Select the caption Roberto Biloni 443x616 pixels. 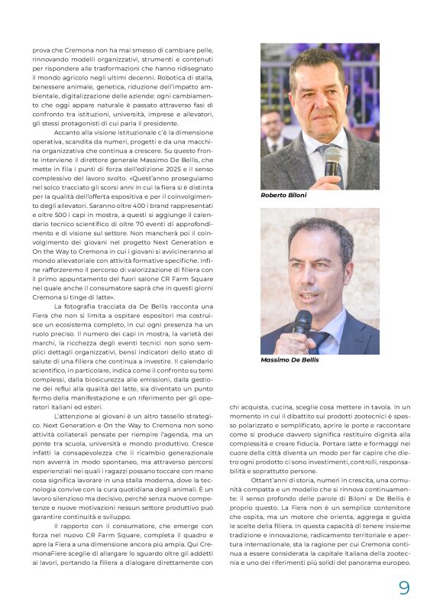(283, 196)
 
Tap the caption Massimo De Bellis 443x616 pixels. (289, 359)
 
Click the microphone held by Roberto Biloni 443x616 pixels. (331, 161)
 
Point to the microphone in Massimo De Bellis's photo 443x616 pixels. (303, 324)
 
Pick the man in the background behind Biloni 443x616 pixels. (272, 130)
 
